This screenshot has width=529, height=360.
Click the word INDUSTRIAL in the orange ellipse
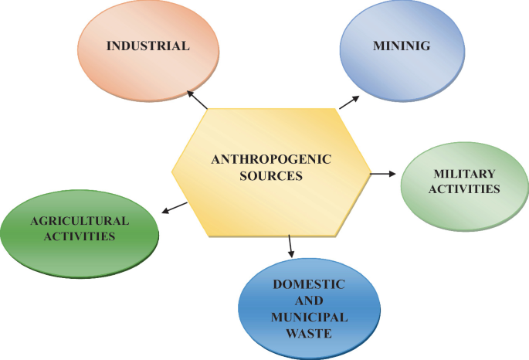[148, 46]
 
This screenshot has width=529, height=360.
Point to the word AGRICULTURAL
[80, 221]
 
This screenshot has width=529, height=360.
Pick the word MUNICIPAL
[309, 318]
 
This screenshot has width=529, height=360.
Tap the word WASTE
[308, 334]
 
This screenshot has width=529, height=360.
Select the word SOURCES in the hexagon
[270, 176]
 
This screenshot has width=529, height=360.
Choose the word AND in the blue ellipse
[308, 301]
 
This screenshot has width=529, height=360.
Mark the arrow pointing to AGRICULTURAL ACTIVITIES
[175, 207]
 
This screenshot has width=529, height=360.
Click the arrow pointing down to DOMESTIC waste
[290, 246]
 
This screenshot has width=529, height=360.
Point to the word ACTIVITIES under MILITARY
[464, 188]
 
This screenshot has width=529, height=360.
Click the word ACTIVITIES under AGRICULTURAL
[80, 236]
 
